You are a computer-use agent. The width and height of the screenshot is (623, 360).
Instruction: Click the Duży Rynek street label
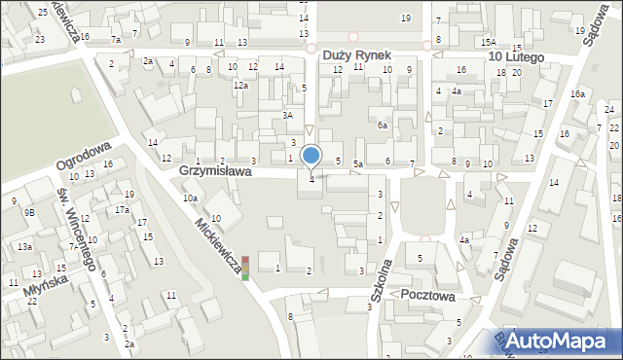[357, 56]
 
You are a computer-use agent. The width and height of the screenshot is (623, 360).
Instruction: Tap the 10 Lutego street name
[523, 57]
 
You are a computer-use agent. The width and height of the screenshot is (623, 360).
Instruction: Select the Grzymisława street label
[216, 171]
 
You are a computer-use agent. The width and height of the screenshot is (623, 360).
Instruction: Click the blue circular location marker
[311, 155]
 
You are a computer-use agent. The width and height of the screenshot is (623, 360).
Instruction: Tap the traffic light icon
[246, 268]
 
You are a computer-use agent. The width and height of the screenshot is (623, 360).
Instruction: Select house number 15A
[489, 42]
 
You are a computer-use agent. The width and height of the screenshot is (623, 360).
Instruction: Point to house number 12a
[239, 86]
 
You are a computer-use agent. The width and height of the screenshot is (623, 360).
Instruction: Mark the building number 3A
[288, 116]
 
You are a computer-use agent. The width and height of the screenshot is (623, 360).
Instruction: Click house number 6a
[384, 126]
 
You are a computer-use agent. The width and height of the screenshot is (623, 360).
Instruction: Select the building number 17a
[122, 210]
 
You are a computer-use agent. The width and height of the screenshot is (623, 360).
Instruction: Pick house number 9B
[29, 212]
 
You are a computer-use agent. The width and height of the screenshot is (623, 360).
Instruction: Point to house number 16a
[577, 93]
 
